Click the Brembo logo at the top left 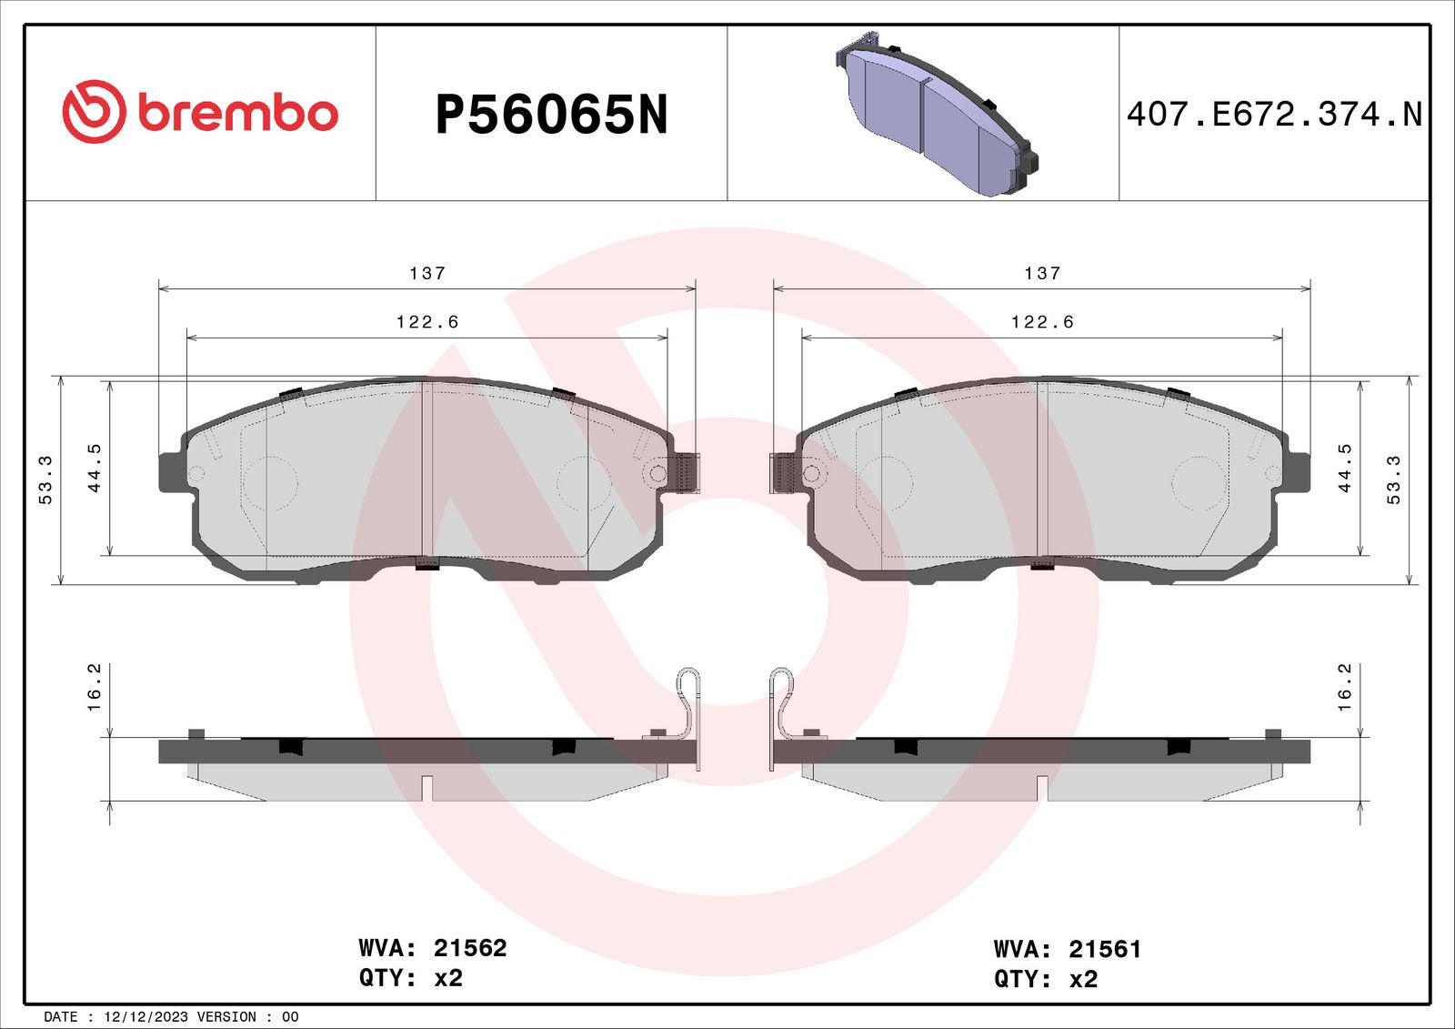click(x=200, y=112)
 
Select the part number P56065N click(x=551, y=116)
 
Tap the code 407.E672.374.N click(x=1273, y=115)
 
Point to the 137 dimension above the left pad click(x=427, y=273)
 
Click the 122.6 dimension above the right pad click(x=1042, y=322)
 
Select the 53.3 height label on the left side click(x=45, y=479)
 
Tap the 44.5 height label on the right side click(x=1344, y=468)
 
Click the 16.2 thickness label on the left click(x=94, y=687)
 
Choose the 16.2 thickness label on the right click(x=1344, y=687)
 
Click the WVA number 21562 click(x=470, y=948)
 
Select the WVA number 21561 click(x=1105, y=949)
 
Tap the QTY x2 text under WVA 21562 click(x=411, y=978)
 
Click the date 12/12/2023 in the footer click(x=145, y=1017)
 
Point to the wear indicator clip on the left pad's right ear click(x=684, y=473)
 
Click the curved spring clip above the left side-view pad click(x=689, y=705)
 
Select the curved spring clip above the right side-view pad click(x=781, y=705)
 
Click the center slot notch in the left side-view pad click(x=427, y=788)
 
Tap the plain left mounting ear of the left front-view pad click(x=170, y=472)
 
